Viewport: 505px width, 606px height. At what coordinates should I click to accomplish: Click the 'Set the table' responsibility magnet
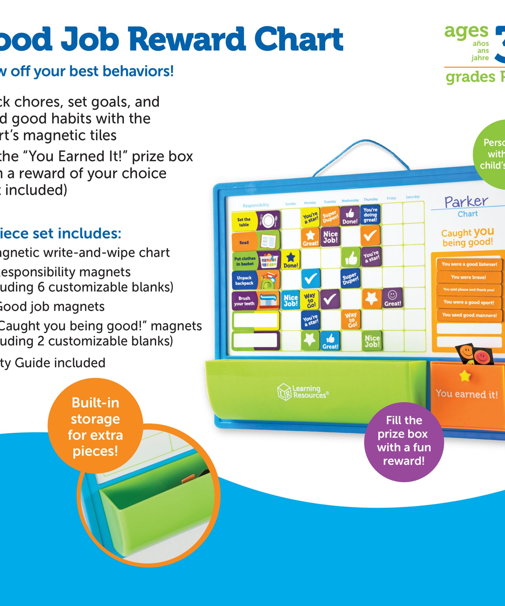pyautogui.click(x=255, y=220)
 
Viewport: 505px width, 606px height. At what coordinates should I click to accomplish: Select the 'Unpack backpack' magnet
pyautogui.click(x=255, y=280)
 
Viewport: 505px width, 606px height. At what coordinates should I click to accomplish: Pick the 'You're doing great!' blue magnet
pyautogui.click(x=370, y=215)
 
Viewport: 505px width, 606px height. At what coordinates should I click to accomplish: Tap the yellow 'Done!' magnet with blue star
pyautogui.click(x=291, y=259)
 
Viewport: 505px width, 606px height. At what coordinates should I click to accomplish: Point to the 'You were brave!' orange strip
pyautogui.click(x=468, y=277)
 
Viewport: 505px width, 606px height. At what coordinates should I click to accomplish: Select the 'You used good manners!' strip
pyautogui.click(x=469, y=315)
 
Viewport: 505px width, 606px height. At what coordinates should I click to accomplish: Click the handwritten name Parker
pyautogui.click(x=466, y=202)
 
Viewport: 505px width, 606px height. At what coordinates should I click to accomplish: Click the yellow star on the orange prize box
pyautogui.click(x=465, y=376)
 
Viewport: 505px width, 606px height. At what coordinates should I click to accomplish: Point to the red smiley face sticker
pyautogui.click(x=482, y=357)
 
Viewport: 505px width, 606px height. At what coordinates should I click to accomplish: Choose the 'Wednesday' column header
pyautogui.click(x=350, y=200)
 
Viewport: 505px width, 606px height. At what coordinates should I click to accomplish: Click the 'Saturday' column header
pyautogui.click(x=412, y=197)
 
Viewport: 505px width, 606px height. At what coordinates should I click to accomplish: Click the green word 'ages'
pyautogui.click(x=466, y=32)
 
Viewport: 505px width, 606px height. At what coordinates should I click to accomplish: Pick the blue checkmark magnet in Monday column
pyautogui.click(x=310, y=278)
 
